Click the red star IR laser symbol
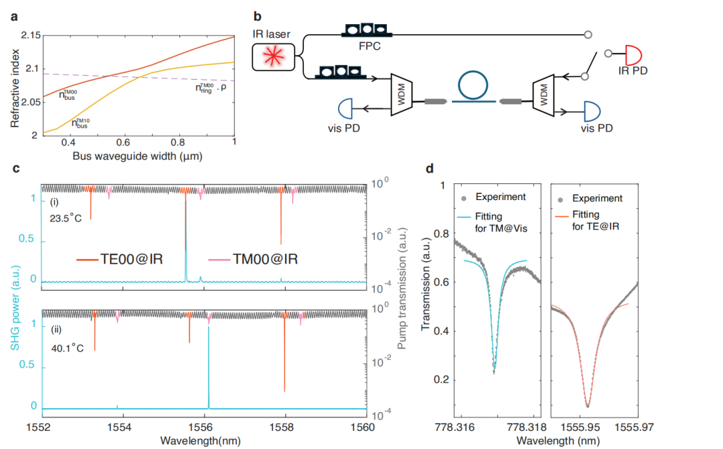[273, 57]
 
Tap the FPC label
[370, 46]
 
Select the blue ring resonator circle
[473, 85]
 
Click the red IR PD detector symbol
[633, 54]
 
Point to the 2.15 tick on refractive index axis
[31, 35]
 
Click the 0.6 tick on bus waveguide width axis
[123, 143]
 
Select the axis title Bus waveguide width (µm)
[137, 157]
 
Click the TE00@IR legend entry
[120, 259]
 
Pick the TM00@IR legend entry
[253, 259]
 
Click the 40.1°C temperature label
[68, 347]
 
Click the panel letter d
[430, 169]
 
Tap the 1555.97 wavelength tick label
[634, 428]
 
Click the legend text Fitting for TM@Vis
[501, 222]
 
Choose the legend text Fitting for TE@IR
[595, 220]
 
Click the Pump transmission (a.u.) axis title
[402, 288]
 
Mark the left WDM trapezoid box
[401, 94]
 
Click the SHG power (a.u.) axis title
[15, 308]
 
